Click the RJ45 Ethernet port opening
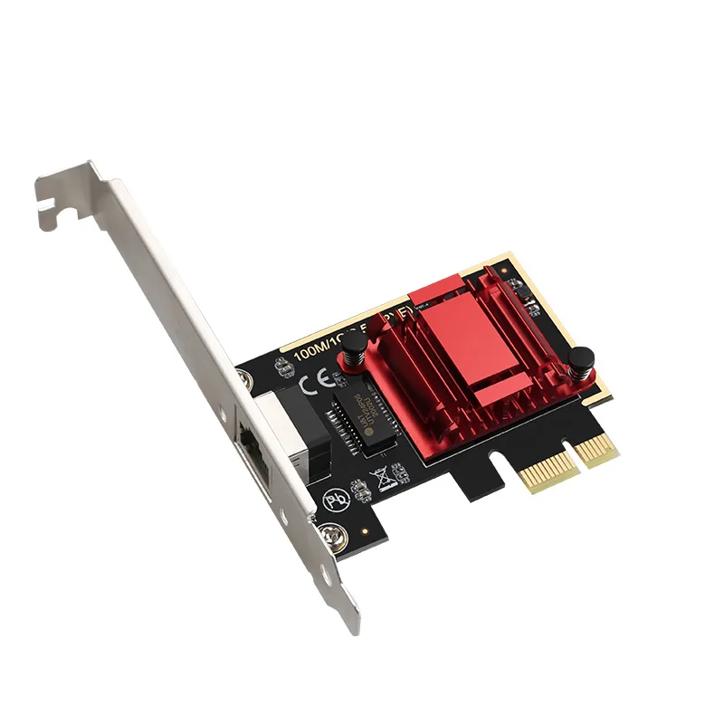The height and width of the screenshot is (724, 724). coord(251,452)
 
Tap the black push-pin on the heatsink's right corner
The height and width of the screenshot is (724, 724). coord(581,365)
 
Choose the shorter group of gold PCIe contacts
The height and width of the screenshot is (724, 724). coord(597,447)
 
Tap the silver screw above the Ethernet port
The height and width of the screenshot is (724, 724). coord(243,381)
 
